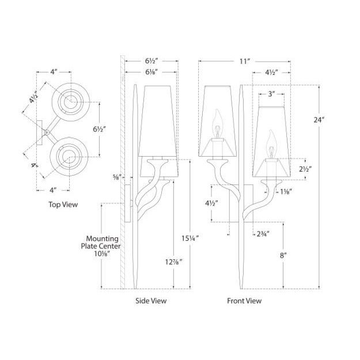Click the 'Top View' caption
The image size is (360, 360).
(63, 204)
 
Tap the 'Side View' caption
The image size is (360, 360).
(151, 301)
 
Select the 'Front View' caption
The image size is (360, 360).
(244, 301)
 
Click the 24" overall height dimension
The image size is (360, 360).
(319, 120)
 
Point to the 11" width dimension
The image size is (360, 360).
(245, 62)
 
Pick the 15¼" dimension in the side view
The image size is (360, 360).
(190, 238)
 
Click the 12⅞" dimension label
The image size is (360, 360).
(174, 262)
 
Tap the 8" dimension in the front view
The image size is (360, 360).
(283, 255)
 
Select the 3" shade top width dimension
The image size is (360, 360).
(271, 94)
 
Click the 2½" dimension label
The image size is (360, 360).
(305, 169)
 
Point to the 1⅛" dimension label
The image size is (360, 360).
(286, 191)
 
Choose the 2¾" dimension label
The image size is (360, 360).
(263, 234)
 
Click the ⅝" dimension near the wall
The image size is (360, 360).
(116, 177)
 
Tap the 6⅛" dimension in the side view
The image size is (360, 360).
(151, 72)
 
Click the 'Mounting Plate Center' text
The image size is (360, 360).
(101, 242)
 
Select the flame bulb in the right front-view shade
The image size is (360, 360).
(271, 144)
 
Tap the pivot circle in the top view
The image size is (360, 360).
(47, 132)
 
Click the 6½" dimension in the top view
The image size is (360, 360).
(99, 129)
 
